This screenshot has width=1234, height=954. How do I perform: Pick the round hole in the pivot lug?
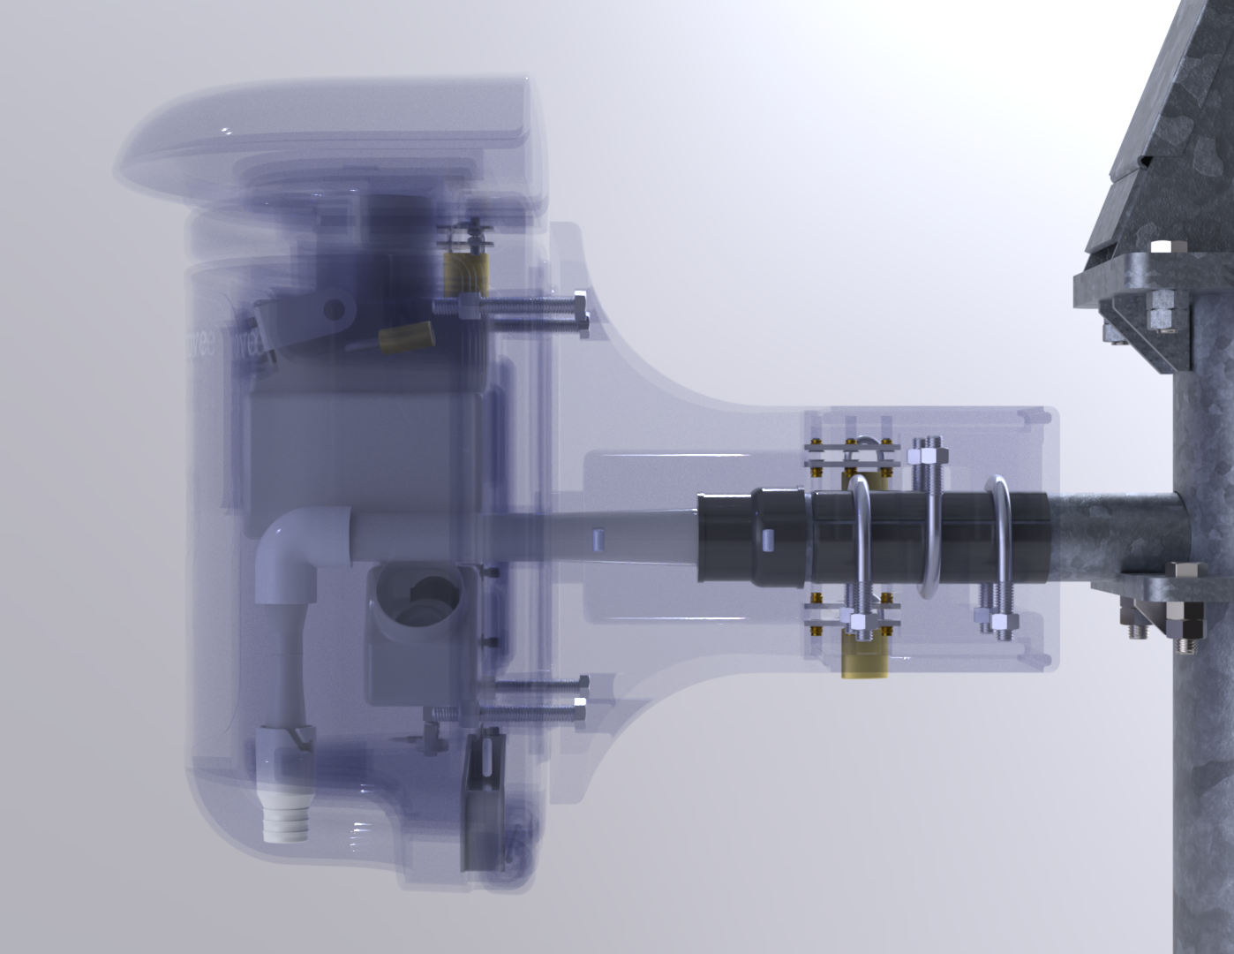coord(334,308)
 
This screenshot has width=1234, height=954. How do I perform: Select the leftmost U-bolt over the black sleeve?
coord(862,539)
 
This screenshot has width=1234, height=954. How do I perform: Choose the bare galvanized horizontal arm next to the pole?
coord(1112,535)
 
